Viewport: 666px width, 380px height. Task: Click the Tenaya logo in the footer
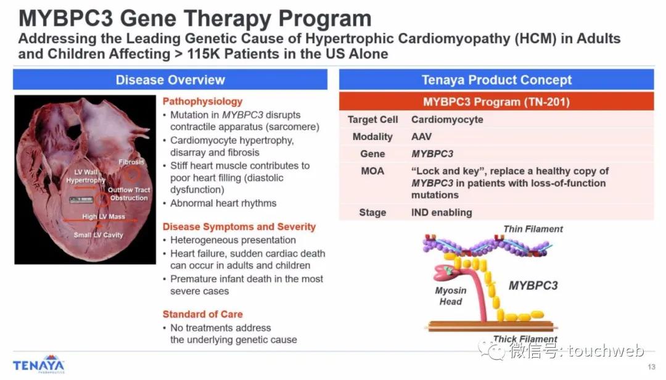[x=39, y=365]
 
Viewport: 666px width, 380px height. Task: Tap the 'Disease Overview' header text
[x=170, y=80]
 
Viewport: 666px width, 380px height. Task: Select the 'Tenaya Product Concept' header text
[x=496, y=80]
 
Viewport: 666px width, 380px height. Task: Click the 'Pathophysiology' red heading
[x=202, y=102]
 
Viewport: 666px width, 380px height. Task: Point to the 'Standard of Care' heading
[x=203, y=314]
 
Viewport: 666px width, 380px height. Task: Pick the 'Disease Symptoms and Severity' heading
[x=239, y=226]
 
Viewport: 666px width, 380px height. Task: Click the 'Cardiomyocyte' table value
[x=447, y=120]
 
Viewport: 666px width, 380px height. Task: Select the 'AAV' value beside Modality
[x=421, y=136]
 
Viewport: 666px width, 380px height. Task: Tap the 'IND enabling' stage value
[x=442, y=213]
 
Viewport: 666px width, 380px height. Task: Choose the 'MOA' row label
[x=372, y=171]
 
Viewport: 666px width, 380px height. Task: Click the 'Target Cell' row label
[x=372, y=120]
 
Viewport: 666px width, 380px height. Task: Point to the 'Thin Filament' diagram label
[x=533, y=229]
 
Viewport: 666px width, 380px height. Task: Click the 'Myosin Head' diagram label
[x=451, y=296]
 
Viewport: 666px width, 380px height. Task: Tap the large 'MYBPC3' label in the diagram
[x=533, y=286]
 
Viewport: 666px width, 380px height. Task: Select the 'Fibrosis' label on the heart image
[x=131, y=162]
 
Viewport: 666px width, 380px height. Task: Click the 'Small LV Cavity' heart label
[x=98, y=234]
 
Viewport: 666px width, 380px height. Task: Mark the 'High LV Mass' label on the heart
[x=104, y=217]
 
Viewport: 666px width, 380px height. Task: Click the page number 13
[x=652, y=367]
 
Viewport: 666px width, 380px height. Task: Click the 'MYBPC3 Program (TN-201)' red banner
[x=496, y=102]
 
